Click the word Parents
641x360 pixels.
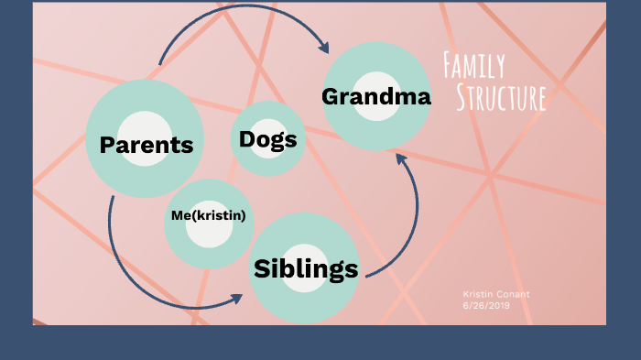pos(147,145)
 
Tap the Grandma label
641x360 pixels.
pos(376,96)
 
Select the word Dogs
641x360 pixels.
pos(267,140)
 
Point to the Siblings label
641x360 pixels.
pos(305,268)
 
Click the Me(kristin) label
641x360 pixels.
pos(209,215)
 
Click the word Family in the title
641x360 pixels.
pos(473,66)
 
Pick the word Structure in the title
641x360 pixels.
pos(501,97)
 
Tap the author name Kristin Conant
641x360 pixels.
pos(496,294)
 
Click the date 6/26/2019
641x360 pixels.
pos(486,305)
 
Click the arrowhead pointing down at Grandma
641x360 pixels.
pos(322,46)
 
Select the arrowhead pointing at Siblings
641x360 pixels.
pos(237,299)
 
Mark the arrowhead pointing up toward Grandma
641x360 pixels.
pos(400,159)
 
